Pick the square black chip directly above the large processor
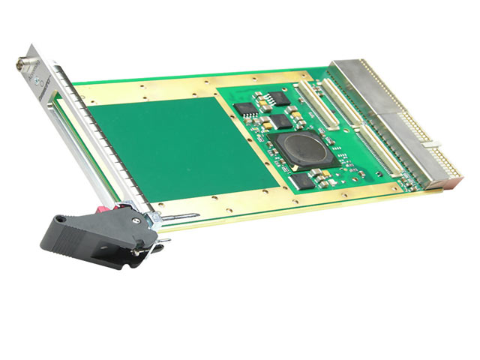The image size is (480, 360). (x=281, y=121)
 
